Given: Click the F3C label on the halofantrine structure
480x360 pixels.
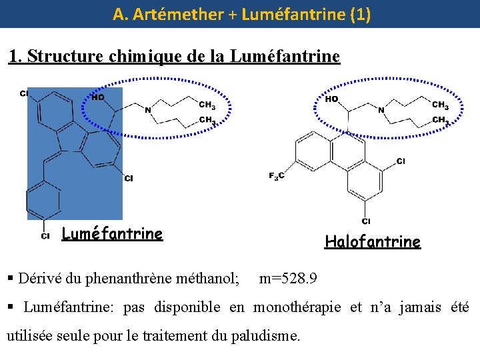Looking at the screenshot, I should pos(277,176).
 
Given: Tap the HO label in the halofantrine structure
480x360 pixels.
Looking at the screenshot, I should pos(331,99).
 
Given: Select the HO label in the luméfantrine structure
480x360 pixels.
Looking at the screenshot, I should pos(97,97).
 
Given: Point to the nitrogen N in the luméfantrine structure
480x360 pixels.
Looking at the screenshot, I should pos(147,110).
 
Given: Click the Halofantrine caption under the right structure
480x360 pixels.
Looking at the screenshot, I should pos(373,241).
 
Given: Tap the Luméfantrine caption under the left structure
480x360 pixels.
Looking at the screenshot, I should pos(112,233).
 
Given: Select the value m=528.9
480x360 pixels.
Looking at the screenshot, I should pos(288,277).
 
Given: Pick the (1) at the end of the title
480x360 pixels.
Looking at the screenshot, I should pos(359,14).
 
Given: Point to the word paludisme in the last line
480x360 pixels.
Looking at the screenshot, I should pos(267,335).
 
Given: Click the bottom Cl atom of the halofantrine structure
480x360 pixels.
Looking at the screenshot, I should pos(366,221).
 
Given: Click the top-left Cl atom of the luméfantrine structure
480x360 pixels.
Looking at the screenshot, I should pos(24,93).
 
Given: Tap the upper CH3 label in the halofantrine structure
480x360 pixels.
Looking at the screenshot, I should pos(440,105).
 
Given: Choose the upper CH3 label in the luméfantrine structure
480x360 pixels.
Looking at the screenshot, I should pos(207,105).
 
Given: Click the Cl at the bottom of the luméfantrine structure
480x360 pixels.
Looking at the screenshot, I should pos(45,235).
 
